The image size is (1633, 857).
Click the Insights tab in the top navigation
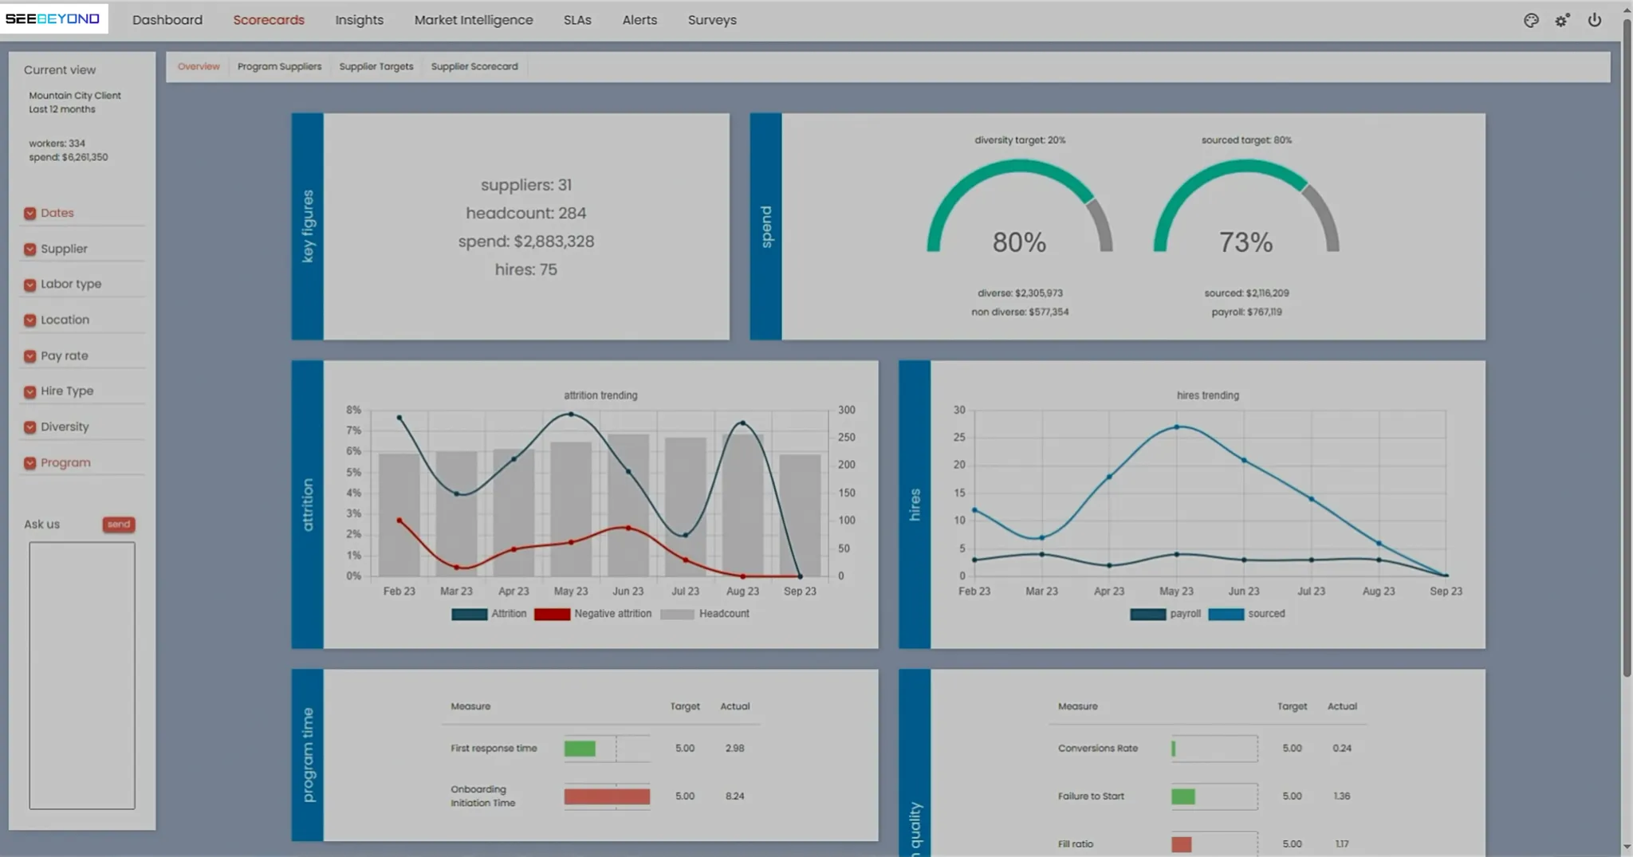(x=359, y=20)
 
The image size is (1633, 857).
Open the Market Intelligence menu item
(x=474, y=20)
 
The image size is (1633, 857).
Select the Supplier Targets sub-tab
(x=376, y=66)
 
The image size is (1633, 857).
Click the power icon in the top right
(x=1594, y=20)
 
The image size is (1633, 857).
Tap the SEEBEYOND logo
(x=53, y=18)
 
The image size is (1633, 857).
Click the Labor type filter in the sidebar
(x=71, y=284)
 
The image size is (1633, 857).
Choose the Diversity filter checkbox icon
(x=30, y=427)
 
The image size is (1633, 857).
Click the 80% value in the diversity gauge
(x=1019, y=242)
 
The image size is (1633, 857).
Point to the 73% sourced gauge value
(x=1245, y=242)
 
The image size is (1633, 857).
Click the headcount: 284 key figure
(x=526, y=213)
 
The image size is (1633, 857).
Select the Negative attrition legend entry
(x=593, y=614)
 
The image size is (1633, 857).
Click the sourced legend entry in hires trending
(x=1247, y=614)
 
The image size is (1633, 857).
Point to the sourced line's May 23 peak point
(x=1177, y=427)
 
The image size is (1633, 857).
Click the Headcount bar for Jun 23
(x=628, y=505)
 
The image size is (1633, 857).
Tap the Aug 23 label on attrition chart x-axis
(x=742, y=592)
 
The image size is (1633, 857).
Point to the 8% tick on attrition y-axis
(x=353, y=410)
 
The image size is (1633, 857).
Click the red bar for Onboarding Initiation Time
(x=607, y=796)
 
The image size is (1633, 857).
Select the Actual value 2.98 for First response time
(x=734, y=749)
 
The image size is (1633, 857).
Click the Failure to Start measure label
(x=1091, y=796)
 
